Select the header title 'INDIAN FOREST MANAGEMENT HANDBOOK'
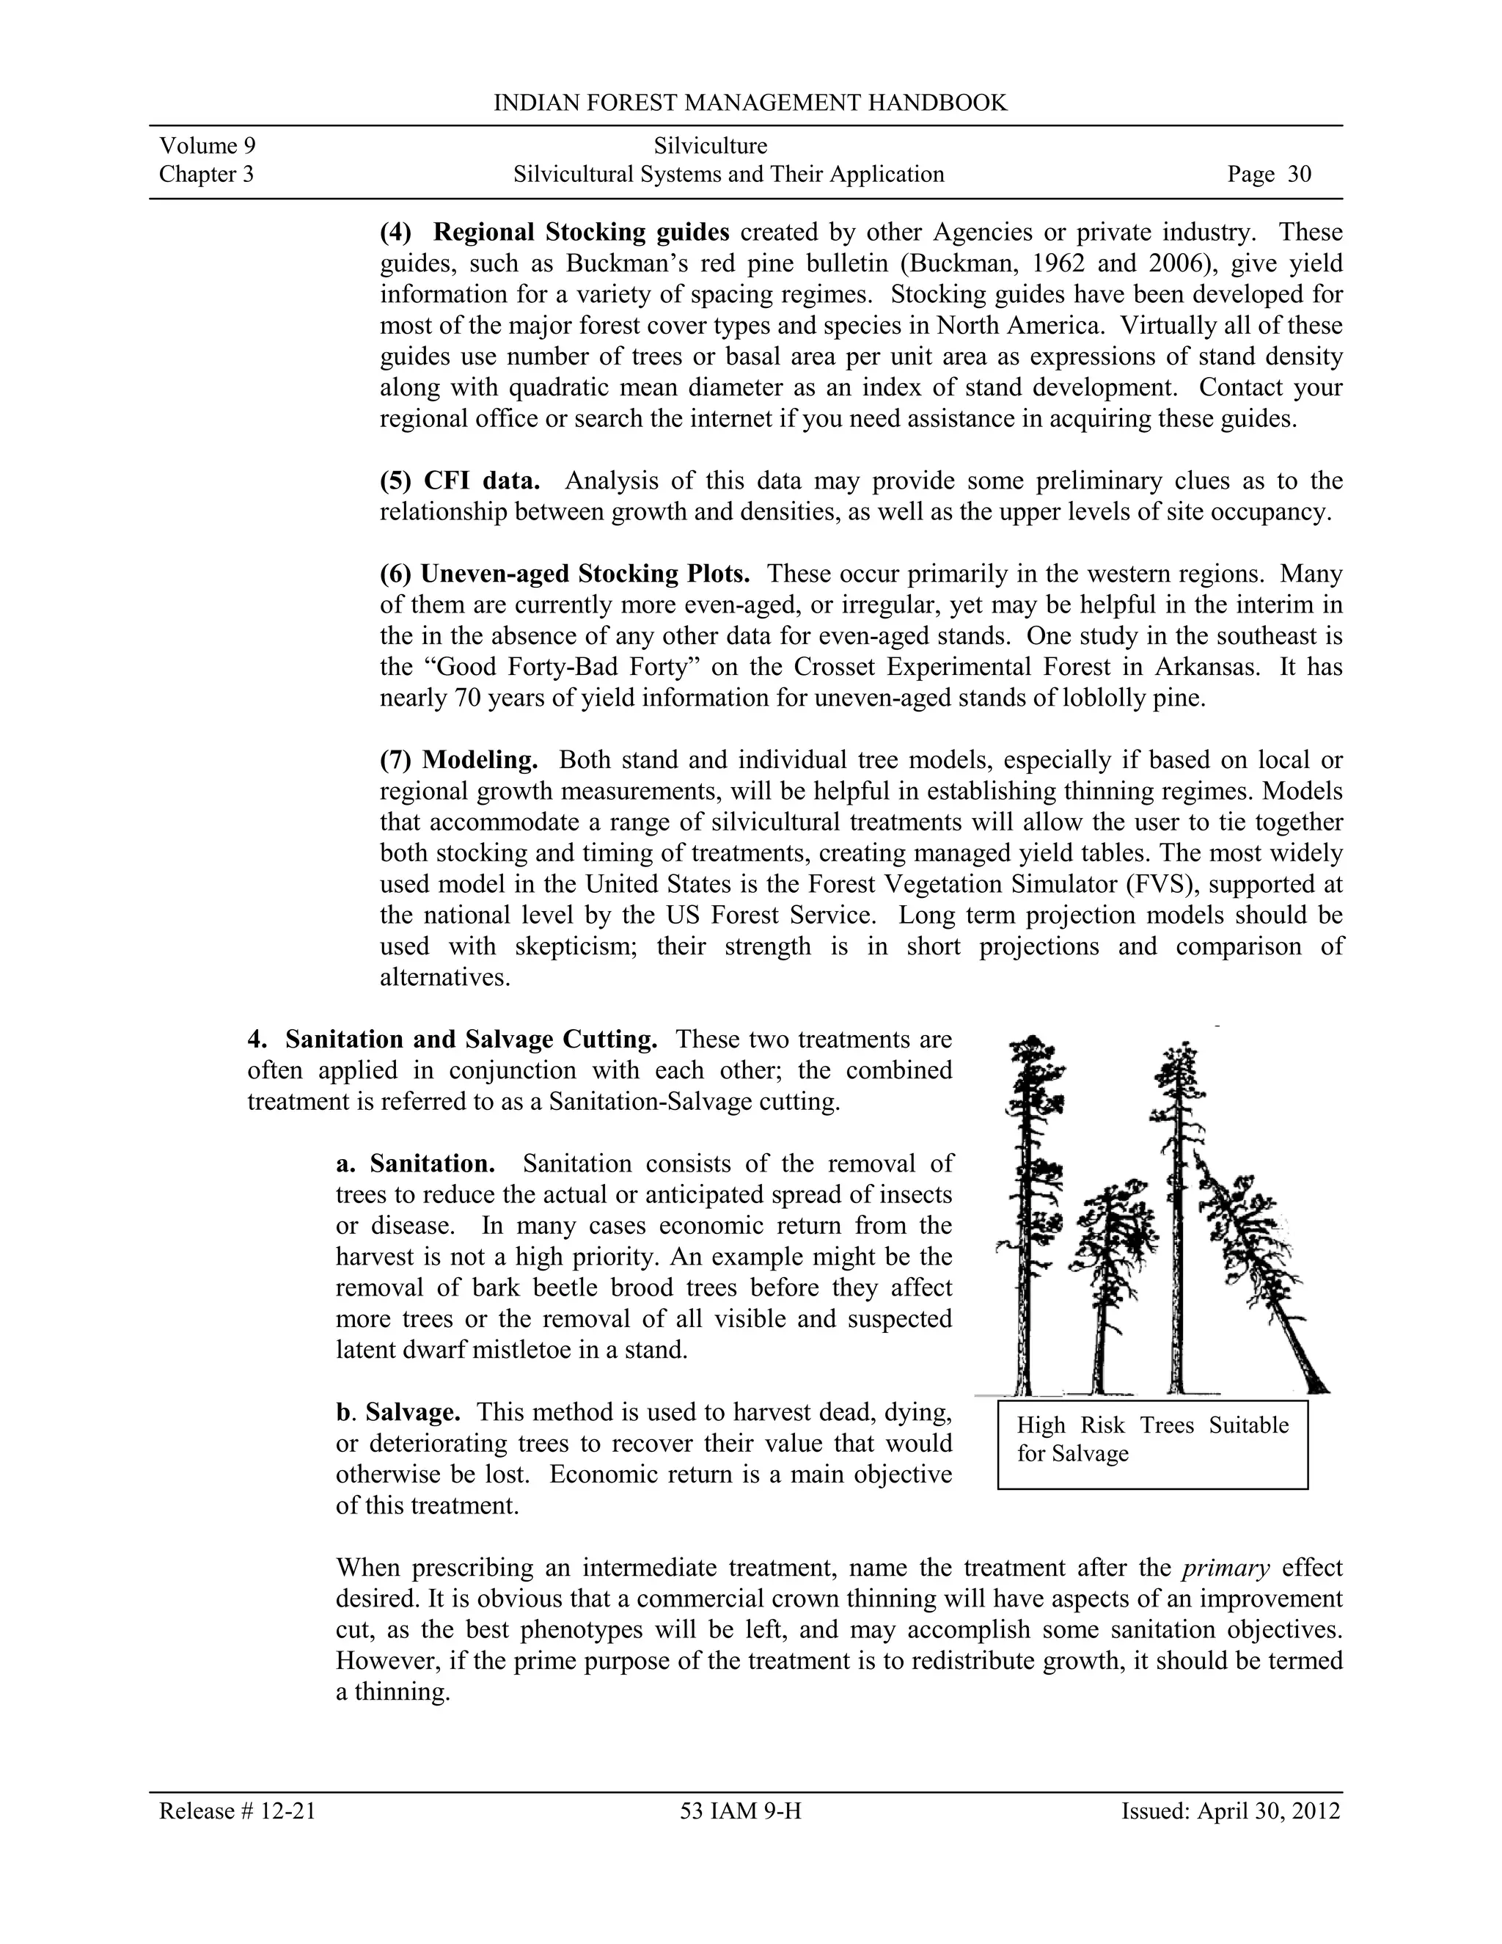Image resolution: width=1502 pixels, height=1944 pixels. pos(750,103)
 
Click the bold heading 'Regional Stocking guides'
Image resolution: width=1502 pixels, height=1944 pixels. pos(581,233)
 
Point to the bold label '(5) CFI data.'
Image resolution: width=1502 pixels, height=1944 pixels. pos(460,480)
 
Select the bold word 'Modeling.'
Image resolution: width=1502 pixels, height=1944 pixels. pos(480,759)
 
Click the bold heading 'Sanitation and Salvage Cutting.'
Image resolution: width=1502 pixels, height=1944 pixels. pos(472,1039)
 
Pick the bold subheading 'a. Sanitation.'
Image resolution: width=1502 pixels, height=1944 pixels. pos(416,1163)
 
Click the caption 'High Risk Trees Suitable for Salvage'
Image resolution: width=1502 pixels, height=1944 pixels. pos(1152,1439)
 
